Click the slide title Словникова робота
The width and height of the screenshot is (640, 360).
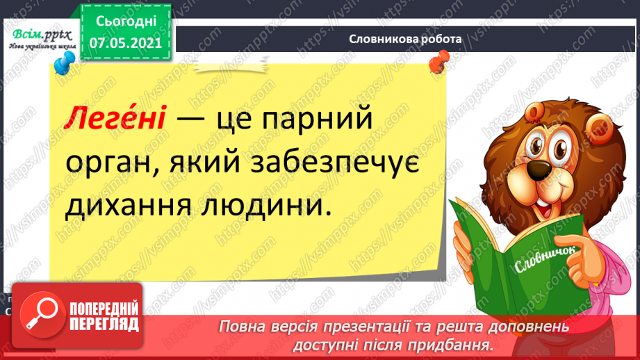(x=405, y=40)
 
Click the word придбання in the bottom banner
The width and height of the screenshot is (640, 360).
(x=451, y=343)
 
